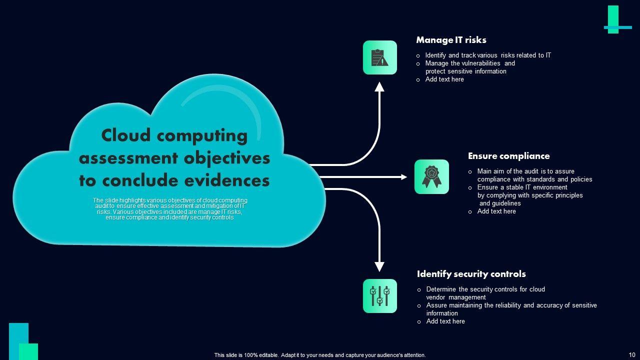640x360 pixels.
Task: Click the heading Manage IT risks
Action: tap(451, 40)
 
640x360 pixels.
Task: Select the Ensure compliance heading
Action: tap(508, 156)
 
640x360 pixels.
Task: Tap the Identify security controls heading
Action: tap(471, 274)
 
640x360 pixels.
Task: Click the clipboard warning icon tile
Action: tap(380, 57)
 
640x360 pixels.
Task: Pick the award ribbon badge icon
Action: tap(431, 176)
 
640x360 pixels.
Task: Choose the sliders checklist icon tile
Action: tap(380, 296)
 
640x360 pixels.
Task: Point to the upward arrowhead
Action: tap(379, 87)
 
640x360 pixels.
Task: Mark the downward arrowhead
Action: tap(379, 266)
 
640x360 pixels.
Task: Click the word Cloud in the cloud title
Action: tap(124, 135)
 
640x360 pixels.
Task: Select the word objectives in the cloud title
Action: tap(227, 158)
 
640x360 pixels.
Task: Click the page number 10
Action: tap(632, 355)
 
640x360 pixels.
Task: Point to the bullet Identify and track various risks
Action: tap(488, 55)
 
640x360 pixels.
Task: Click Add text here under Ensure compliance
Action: tap(496, 211)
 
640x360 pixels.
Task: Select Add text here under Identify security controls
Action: tap(445, 321)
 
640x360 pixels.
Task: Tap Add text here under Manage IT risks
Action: tap(444, 79)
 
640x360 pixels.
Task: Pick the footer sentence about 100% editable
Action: tap(320, 355)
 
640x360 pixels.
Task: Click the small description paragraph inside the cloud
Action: tap(170, 209)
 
